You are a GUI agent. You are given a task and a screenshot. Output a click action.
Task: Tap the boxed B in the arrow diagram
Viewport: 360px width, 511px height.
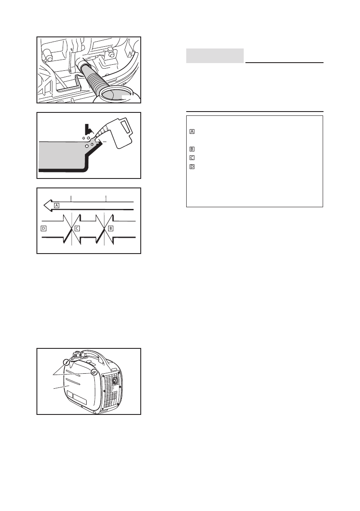111,229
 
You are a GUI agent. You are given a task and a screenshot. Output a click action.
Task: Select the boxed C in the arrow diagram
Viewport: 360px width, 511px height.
77,229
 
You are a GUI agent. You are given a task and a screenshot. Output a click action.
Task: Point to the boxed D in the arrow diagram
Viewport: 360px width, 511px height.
43,229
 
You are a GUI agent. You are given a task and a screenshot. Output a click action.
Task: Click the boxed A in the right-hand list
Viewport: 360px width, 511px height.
192,131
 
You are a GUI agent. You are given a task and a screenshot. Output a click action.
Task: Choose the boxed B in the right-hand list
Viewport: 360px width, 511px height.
192,149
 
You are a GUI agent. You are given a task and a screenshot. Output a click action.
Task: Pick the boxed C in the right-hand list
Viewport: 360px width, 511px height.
192,157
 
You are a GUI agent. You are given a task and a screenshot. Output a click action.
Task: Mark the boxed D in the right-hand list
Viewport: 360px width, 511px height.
192,166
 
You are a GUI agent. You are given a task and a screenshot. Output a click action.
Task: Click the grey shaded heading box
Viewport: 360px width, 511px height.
215,56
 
